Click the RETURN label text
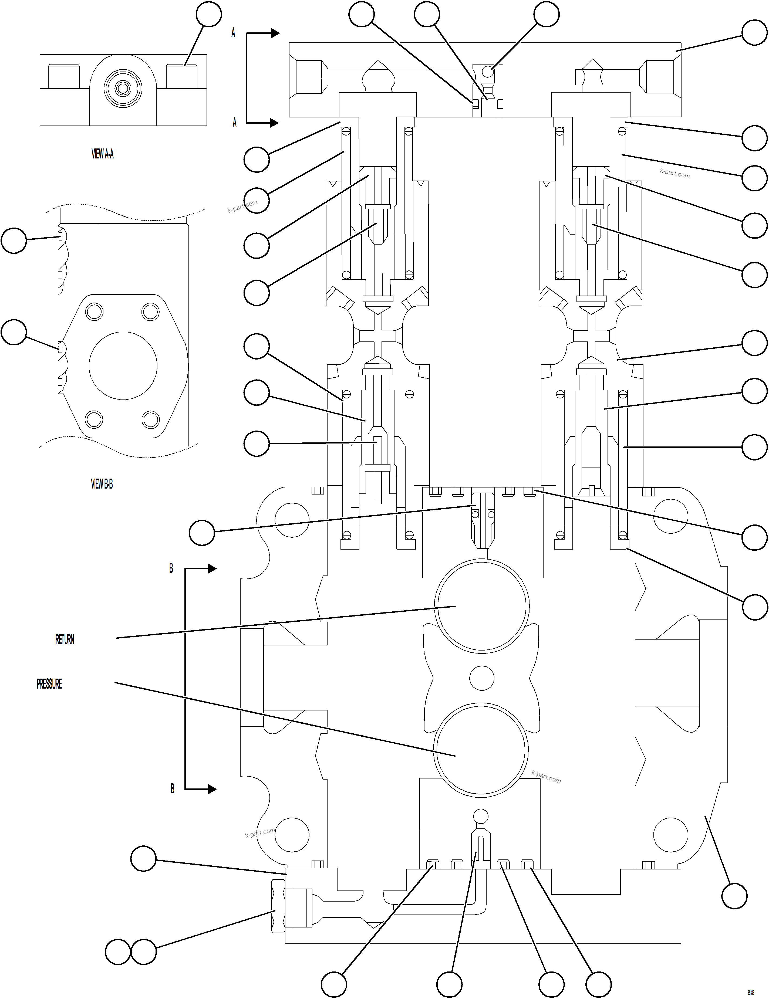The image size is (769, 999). pyautogui.click(x=65, y=639)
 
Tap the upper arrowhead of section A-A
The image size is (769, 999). pyautogui.click(x=275, y=33)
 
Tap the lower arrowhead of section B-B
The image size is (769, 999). pyautogui.click(x=211, y=789)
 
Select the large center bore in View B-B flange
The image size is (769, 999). pyautogui.click(x=123, y=366)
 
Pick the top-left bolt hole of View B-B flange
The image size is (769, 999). pyautogui.click(x=94, y=312)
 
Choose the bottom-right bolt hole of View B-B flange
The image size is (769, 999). pyautogui.click(x=150, y=419)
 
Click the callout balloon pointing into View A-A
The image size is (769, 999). pyautogui.click(x=209, y=14)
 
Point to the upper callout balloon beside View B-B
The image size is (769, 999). pyautogui.click(x=14, y=241)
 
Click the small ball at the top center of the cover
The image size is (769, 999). pyautogui.click(x=488, y=72)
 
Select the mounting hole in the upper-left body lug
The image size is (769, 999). pyautogui.click(x=291, y=520)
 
